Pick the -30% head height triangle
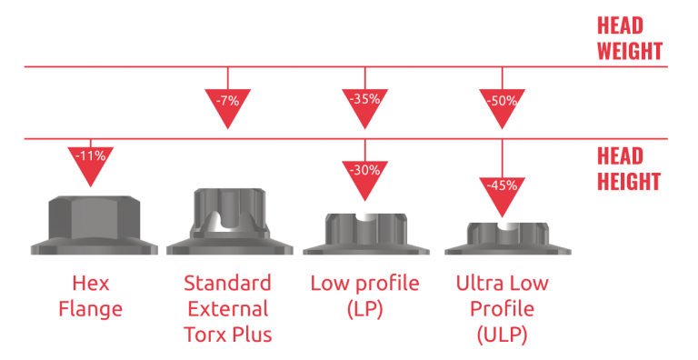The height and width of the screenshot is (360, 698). tap(364, 172)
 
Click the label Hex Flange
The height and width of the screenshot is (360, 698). tap(90, 295)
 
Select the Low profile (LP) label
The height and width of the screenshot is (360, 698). tap(364, 295)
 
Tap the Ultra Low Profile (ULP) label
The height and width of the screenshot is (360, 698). tap(502, 308)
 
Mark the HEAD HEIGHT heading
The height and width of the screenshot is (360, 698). tap(628, 168)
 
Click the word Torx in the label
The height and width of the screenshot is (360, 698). tap(206, 335)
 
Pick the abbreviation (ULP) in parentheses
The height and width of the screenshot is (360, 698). tap(502, 335)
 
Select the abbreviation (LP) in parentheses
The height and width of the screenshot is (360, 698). tap(364, 309)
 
